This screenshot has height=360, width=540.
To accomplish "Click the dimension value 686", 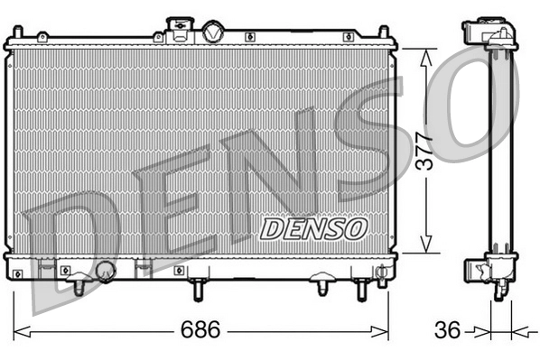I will pyautogui.click(x=200, y=330).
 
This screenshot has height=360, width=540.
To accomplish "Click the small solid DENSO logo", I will pyautogui.click(x=312, y=228).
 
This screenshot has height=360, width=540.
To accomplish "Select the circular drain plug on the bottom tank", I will pyautogui.click(x=106, y=270).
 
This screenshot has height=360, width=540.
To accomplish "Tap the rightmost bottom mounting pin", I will pyautogui.click(x=362, y=288).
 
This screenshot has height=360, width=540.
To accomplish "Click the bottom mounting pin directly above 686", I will pyautogui.click(x=199, y=289).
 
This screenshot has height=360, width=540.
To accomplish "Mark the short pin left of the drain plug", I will pyautogui.click(x=79, y=286).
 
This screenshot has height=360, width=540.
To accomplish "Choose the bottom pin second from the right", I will pyautogui.click(x=322, y=287).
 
